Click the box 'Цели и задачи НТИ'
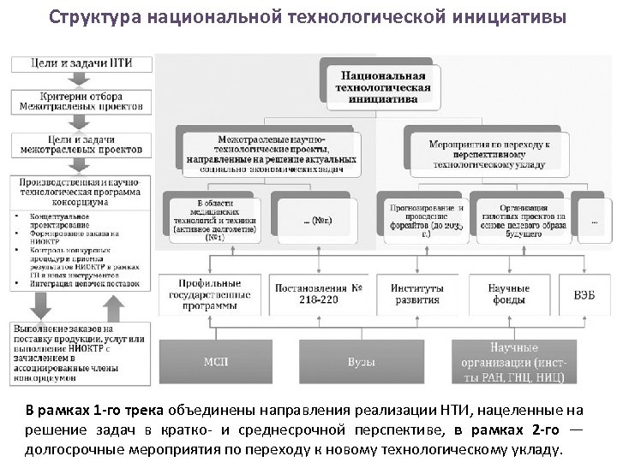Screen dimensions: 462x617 (81, 64)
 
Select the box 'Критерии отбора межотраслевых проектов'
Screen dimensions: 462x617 (81, 102)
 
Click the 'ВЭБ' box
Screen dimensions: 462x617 (584, 294)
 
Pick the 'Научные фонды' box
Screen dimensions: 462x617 (508, 294)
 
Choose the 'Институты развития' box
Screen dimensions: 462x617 (416, 294)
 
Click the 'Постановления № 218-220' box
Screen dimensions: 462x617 (318, 294)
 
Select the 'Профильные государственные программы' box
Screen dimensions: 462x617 (210, 295)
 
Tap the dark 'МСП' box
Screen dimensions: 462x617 (216, 362)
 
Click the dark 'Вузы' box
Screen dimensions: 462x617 (361, 362)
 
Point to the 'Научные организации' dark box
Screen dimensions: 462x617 (513, 362)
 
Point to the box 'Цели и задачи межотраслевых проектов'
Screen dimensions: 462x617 (81, 143)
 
